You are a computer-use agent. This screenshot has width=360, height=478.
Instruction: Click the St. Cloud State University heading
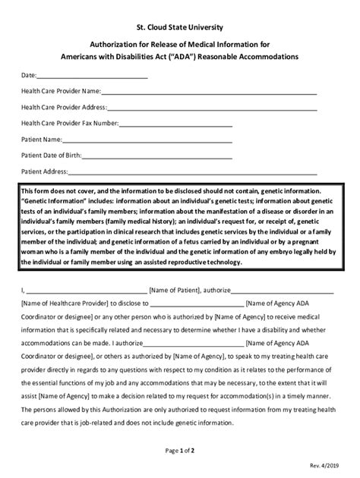click(x=180, y=28)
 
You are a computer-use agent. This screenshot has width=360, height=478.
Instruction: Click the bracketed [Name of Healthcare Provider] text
click(x=65, y=301)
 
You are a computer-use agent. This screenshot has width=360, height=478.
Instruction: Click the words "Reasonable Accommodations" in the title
click(x=254, y=57)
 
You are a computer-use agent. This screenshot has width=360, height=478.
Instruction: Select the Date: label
click(x=29, y=76)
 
